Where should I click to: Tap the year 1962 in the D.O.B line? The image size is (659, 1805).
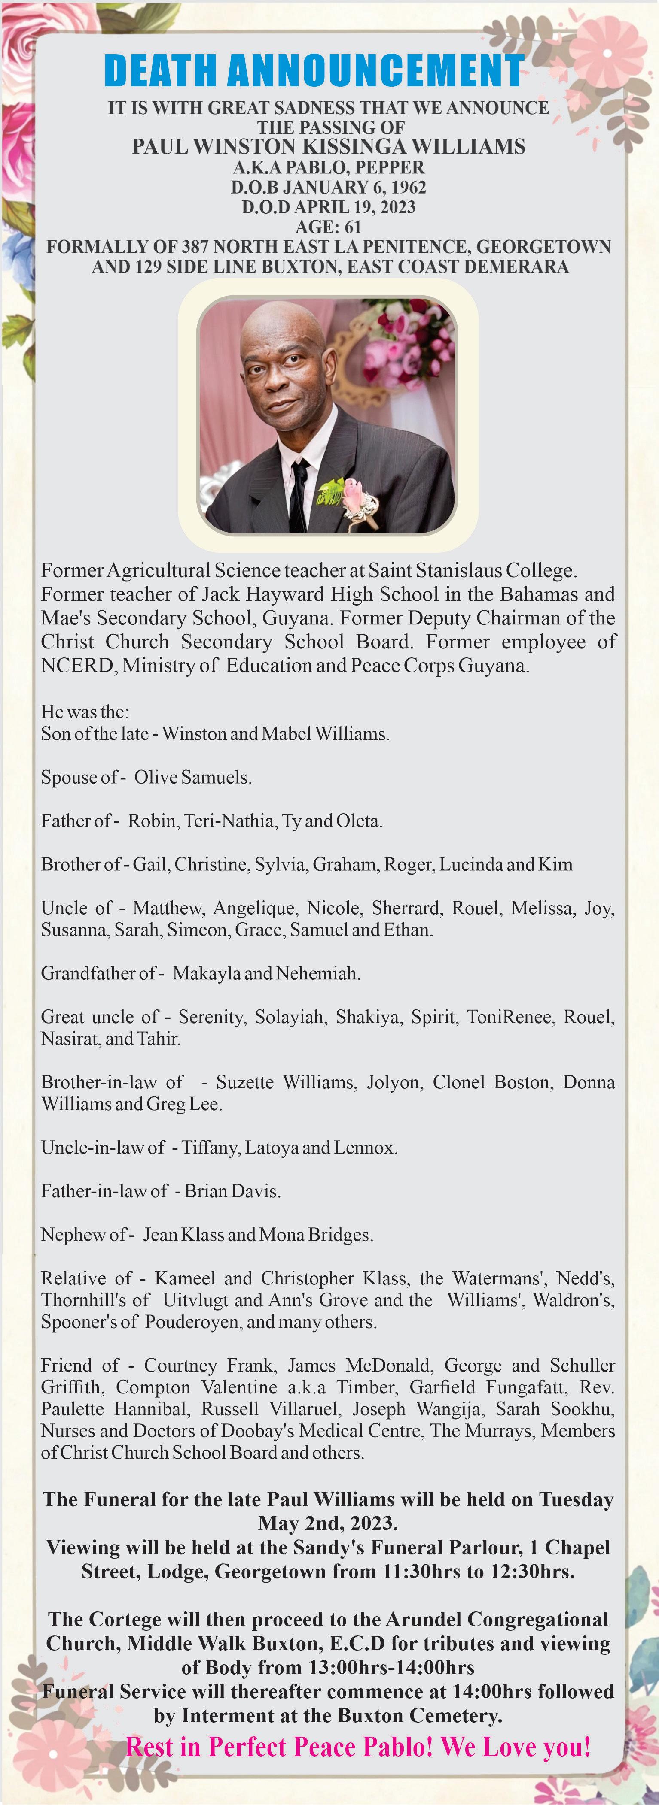[x=409, y=187]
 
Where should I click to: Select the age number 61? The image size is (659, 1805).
[x=353, y=227]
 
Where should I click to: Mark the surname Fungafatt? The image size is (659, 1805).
[x=527, y=1387]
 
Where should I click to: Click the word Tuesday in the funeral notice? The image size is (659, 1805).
[x=576, y=1500]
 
